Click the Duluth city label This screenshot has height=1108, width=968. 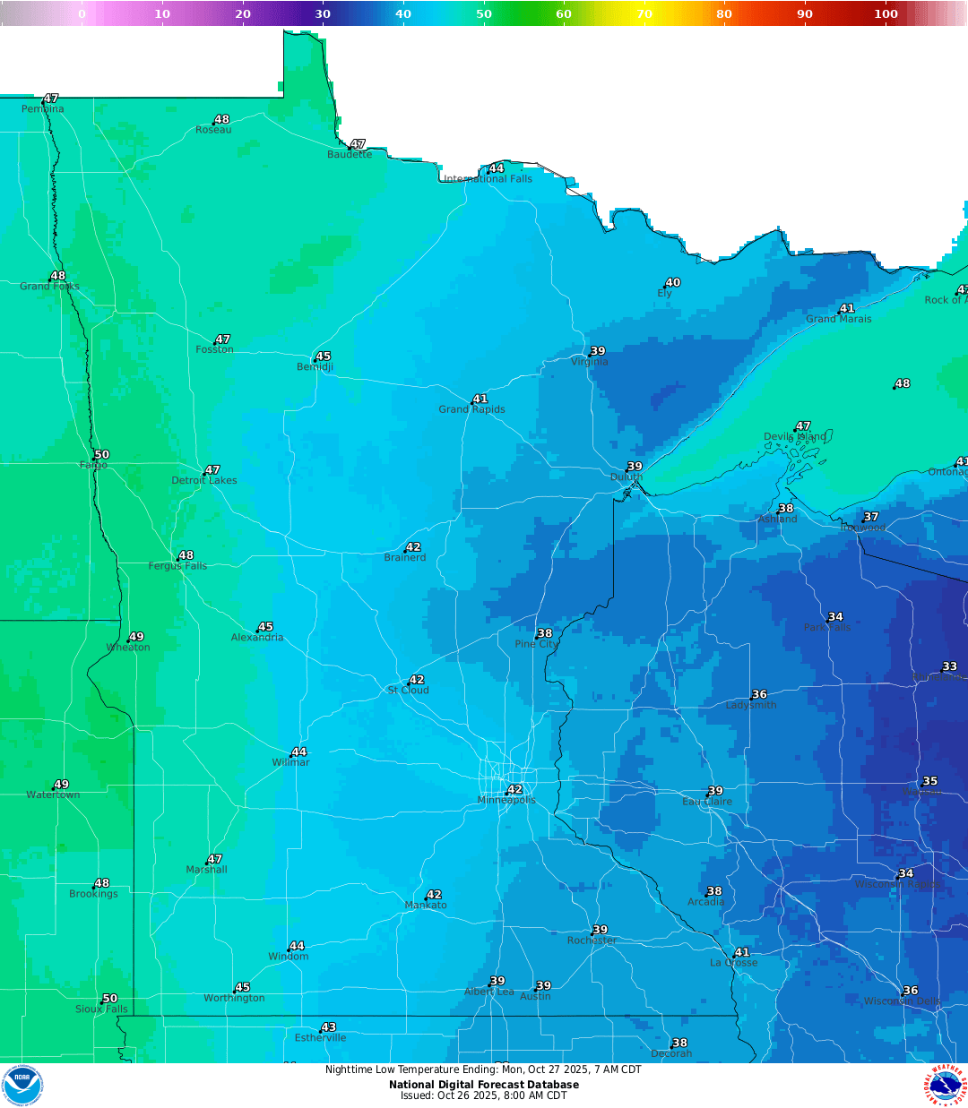click(x=627, y=477)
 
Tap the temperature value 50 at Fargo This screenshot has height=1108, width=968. click(x=101, y=455)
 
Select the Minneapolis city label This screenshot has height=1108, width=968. click(x=506, y=800)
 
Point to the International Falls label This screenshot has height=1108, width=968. click(x=488, y=179)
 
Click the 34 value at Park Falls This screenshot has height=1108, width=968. click(x=835, y=617)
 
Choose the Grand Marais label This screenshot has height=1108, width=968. click(x=838, y=319)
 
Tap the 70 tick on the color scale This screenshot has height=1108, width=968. click(x=644, y=13)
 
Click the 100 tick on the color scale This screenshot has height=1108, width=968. click(x=886, y=13)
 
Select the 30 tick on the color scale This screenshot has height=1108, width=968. click(x=323, y=13)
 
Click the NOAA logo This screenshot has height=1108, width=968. click(x=22, y=1086)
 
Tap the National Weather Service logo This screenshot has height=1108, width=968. click(x=946, y=1086)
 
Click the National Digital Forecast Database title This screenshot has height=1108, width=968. click(x=484, y=1085)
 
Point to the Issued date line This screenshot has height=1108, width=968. click(x=484, y=1095)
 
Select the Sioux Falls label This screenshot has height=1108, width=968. click(x=101, y=1009)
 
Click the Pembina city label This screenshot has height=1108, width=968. click(x=43, y=109)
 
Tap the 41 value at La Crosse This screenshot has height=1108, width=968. click(x=741, y=953)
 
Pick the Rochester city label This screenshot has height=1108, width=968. click(x=592, y=941)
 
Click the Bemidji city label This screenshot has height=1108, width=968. click(x=315, y=367)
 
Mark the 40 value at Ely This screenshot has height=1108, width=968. click(x=673, y=283)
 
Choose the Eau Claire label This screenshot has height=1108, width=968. click(x=707, y=802)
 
